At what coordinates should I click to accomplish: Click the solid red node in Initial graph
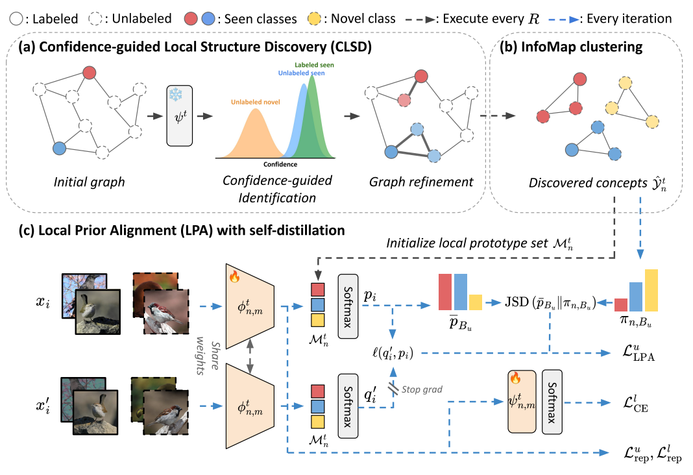coord(91,72)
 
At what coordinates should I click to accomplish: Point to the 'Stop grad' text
coord(422,389)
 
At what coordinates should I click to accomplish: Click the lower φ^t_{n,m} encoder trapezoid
coord(250,406)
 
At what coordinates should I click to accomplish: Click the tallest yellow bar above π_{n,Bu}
coord(650,291)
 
